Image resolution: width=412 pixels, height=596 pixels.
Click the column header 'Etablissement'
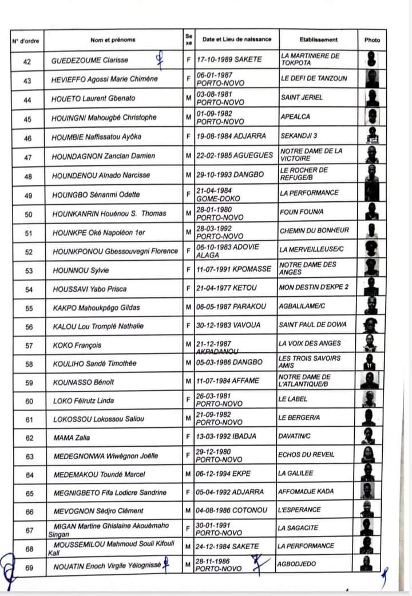[318, 39]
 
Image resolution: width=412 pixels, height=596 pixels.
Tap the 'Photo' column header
[372, 40]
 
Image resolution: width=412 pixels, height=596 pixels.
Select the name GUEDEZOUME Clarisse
[90, 60]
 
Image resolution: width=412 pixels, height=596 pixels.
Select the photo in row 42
[372, 59]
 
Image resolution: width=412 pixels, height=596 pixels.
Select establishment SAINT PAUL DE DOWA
[313, 325]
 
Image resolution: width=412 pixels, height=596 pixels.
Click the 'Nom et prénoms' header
[113, 39]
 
